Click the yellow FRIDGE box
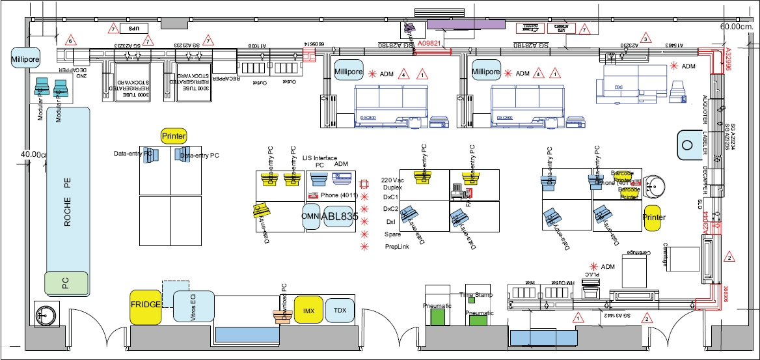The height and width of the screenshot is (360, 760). click(x=146, y=307)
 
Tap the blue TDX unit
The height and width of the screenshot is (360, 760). click(x=339, y=310)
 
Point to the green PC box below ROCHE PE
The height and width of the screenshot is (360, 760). click(x=66, y=283)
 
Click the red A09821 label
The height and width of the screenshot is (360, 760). click(x=429, y=44)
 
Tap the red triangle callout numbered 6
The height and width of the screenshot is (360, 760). click(x=71, y=40)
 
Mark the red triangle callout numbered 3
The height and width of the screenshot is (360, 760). click(x=644, y=38)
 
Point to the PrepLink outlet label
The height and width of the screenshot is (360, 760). click(x=397, y=247)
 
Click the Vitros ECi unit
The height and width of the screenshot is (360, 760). click(x=193, y=306)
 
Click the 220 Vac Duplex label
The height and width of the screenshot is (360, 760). click(x=394, y=183)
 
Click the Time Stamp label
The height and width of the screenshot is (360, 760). click(x=479, y=295)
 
